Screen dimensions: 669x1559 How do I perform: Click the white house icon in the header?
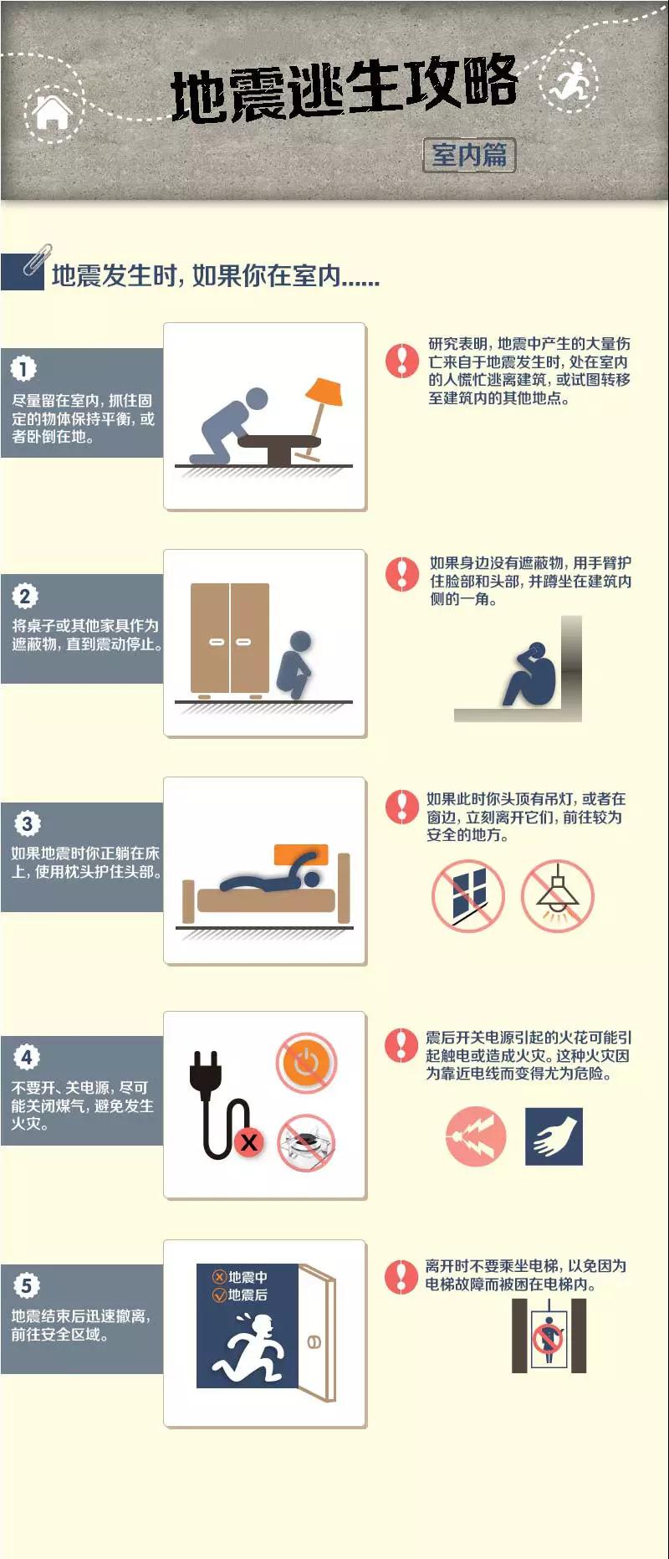point(53,113)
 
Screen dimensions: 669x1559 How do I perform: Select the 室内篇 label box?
point(469,155)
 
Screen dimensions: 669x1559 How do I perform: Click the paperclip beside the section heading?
point(37,260)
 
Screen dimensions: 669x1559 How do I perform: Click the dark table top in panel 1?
point(279,441)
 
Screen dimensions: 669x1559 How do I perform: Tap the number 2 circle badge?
point(24,596)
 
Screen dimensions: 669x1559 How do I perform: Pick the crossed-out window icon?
point(468,896)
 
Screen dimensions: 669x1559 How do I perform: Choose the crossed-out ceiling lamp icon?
point(558,896)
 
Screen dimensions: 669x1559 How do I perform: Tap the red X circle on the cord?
point(248,1141)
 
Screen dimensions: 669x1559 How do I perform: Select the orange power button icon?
point(307,1063)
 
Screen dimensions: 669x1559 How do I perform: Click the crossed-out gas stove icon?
point(306,1142)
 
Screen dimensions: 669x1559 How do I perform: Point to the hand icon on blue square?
point(554,1136)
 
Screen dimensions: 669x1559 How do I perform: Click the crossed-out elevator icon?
point(549,1336)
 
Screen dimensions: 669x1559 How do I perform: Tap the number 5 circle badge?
point(26,1285)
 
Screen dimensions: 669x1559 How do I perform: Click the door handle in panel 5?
point(314,1342)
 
